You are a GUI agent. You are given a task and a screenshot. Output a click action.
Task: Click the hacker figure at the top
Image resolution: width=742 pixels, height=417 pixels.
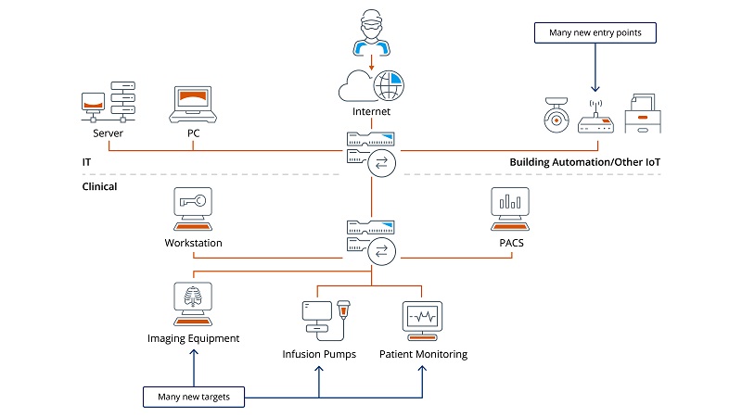pos(370,32)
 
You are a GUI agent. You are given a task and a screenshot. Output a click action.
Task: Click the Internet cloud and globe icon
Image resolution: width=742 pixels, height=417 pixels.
pos(370,86)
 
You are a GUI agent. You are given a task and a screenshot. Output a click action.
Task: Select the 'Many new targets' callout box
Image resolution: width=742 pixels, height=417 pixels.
pos(195,398)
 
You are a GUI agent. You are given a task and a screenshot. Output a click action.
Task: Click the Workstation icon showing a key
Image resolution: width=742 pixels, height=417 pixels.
pos(193,209)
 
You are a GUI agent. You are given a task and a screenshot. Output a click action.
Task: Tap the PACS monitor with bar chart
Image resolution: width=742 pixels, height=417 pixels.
pos(509,209)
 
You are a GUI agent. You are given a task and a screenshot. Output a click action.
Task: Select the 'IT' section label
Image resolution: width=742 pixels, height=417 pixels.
pos(86,162)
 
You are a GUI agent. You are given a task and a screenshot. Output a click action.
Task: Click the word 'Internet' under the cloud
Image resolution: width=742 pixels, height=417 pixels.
pos(371,112)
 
